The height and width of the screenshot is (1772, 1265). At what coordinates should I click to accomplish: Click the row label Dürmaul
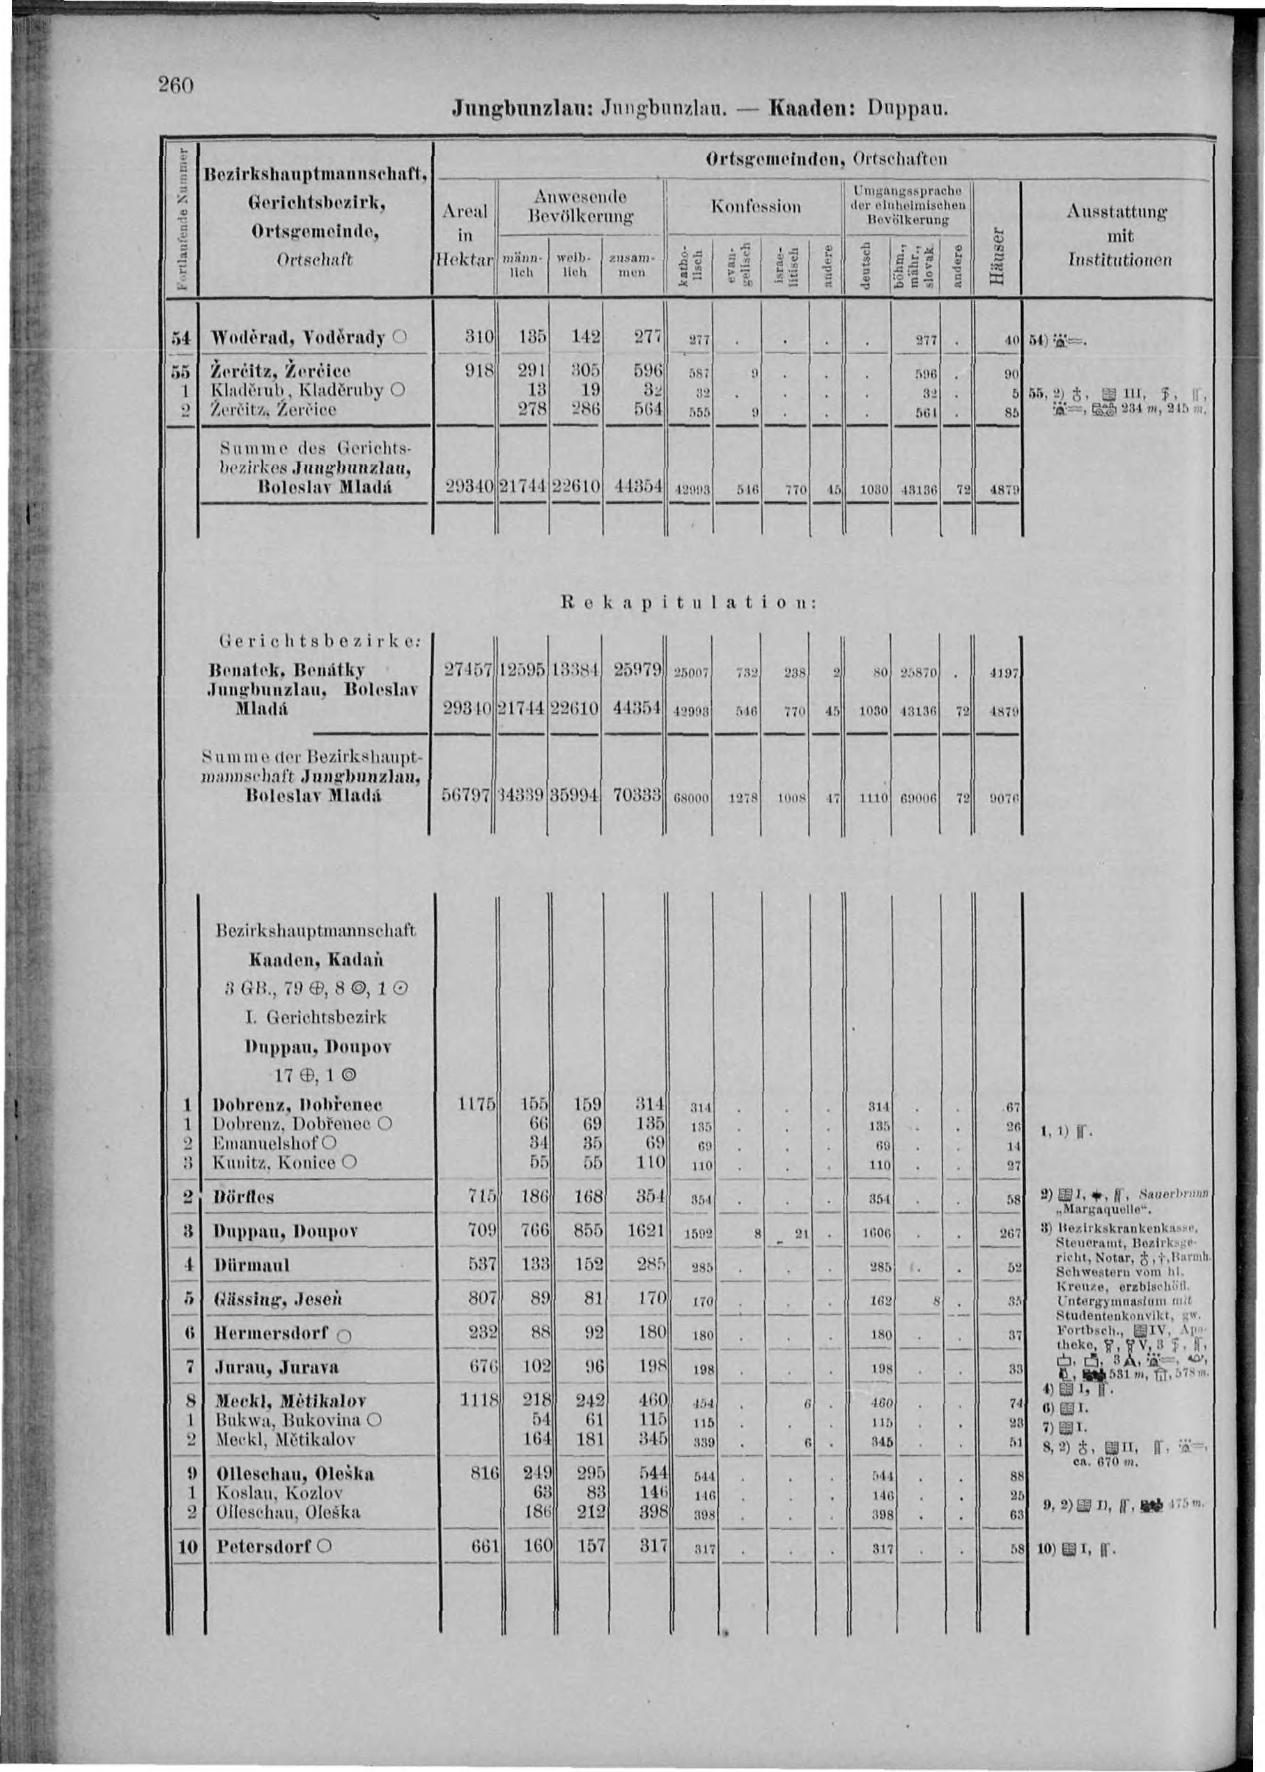point(251,1265)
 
